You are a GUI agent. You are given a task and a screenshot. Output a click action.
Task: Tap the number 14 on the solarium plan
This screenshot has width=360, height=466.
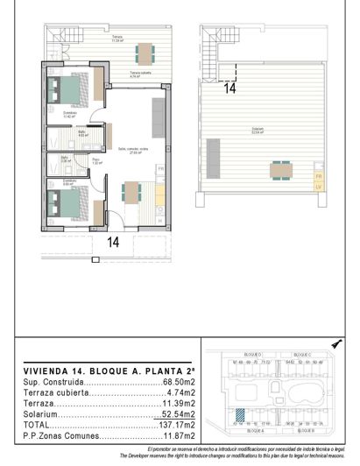tap(229, 88)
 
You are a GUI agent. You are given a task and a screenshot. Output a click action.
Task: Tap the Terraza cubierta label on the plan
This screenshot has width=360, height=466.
tap(141, 74)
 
